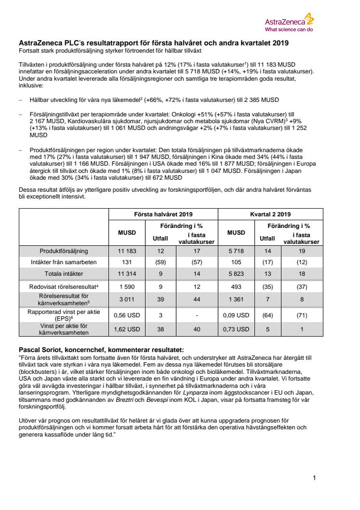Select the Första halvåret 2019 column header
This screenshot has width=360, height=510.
(163, 214)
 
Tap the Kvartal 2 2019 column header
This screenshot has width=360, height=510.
(271, 214)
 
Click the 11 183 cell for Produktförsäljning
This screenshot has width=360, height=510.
(127, 251)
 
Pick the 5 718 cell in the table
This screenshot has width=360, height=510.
(236, 251)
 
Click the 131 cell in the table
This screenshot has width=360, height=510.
(127, 262)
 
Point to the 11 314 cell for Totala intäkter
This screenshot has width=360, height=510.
(127, 273)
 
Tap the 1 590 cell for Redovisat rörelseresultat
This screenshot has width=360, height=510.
(127, 287)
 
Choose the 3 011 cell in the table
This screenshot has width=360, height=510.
(127, 299)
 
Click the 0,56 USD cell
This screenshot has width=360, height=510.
(127, 315)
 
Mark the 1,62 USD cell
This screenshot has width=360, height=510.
(127, 329)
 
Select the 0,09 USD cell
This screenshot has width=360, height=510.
(236, 315)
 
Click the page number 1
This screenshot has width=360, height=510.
(314, 478)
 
